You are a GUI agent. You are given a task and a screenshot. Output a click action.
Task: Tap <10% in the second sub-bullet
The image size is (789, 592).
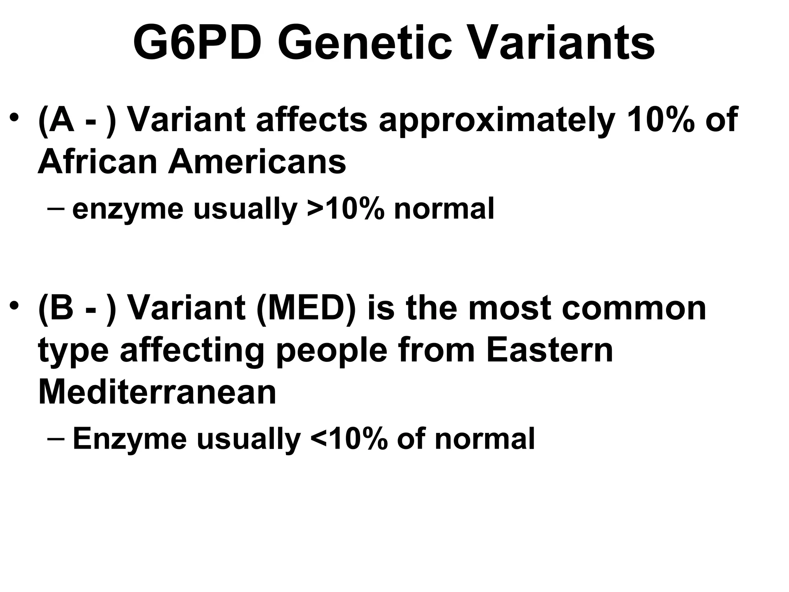click(x=348, y=438)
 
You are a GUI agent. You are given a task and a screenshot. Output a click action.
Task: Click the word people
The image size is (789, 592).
click(x=332, y=351)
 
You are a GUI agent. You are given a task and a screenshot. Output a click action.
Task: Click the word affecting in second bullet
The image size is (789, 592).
click(x=192, y=351)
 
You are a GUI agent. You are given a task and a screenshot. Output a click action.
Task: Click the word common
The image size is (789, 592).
click(x=634, y=308)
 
